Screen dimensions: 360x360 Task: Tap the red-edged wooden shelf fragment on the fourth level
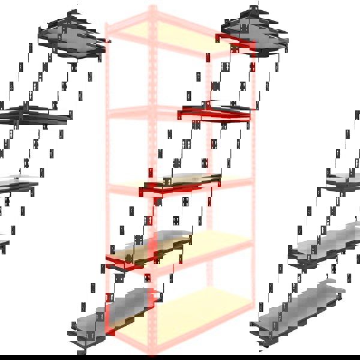(x=144, y=252)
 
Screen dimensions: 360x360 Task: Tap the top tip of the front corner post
(x=152, y=7)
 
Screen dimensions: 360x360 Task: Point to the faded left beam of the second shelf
(x=129, y=111)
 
